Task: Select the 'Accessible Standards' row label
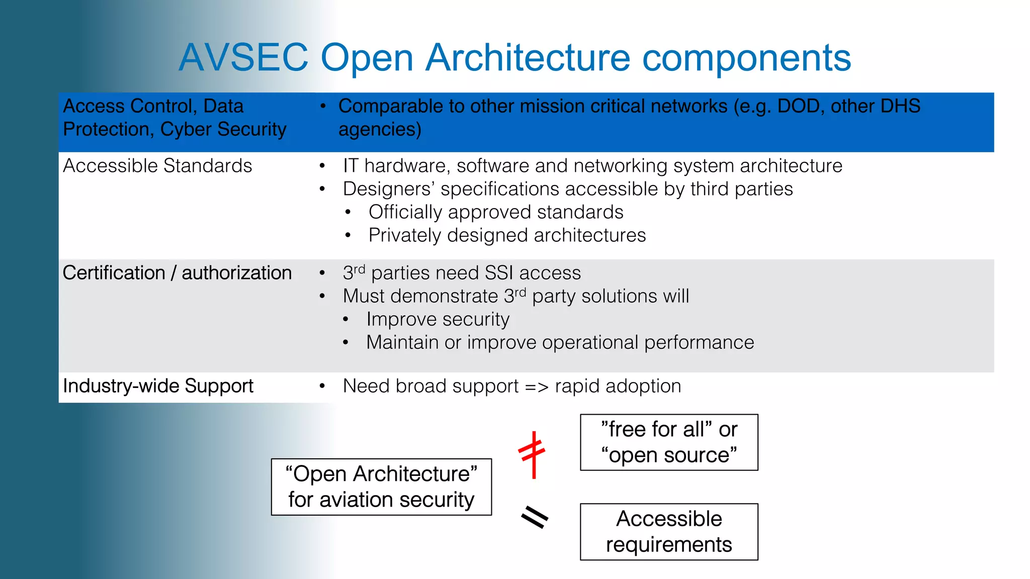click(x=157, y=166)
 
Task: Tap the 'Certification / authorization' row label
click(x=177, y=273)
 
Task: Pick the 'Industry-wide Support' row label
click(x=158, y=386)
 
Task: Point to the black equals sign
click(x=534, y=517)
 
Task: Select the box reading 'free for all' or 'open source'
click(x=669, y=442)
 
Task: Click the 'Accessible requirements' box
click(x=669, y=532)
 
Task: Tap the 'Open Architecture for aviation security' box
click(x=381, y=487)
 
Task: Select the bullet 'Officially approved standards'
click(x=496, y=212)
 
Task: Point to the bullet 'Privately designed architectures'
click(x=507, y=235)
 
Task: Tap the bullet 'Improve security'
click(x=438, y=319)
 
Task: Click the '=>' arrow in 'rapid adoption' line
click(x=536, y=387)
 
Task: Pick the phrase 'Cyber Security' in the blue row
click(x=223, y=130)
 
